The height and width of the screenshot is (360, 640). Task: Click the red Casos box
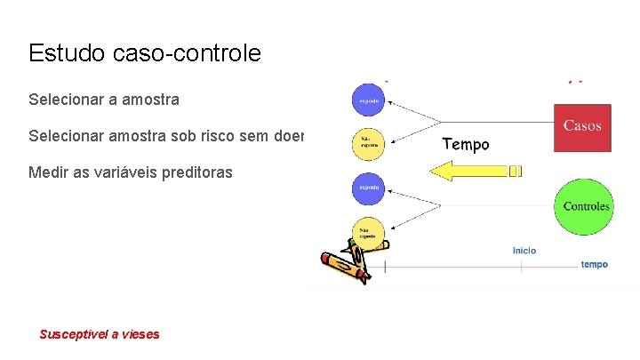(x=582, y=127)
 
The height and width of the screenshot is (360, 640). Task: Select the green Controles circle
(x=586, y=207)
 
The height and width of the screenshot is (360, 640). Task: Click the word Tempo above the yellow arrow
(x=465, y=144)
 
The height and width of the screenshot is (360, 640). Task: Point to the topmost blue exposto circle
(x=369, y=100)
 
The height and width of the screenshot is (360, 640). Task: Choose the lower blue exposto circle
(x=369, y=188)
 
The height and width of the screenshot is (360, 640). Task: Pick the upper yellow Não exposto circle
(x=369, y=142)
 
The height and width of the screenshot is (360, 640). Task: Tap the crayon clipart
(x=344, y=261)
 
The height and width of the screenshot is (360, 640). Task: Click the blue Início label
(x=524, y=251)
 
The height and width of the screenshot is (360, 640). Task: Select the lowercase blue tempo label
(x=594, y=264)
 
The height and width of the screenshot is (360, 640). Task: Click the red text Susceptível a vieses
(x=100, y=334)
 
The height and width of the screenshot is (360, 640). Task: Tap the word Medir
(x=47, y=172)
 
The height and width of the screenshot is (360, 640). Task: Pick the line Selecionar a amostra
(x=103, y=100)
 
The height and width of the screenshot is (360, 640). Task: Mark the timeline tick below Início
(x=522, y=266)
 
